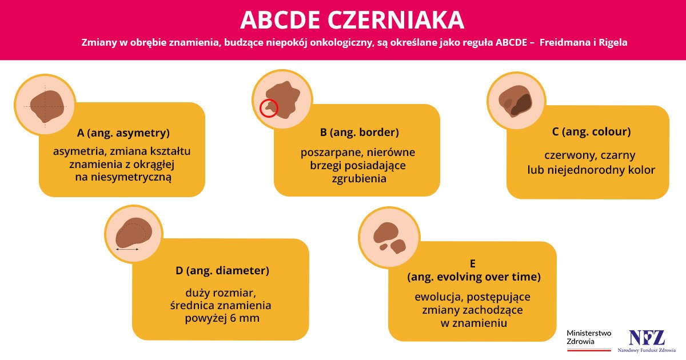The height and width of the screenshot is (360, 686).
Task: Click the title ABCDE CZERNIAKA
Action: [x=352, y=20]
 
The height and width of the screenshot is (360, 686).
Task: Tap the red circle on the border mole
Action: [x=269, y=107]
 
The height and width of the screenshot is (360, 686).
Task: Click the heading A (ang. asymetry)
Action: [x=123, y=133]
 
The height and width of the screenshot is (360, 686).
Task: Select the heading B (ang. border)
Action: [x=359, y=133]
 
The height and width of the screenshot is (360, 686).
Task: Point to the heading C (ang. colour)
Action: [x=591, y=131]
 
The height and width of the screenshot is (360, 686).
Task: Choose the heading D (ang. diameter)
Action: [x=222, y=270]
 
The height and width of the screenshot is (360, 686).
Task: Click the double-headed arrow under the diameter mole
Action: [x=127, y=250]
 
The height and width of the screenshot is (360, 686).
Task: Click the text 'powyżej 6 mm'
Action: [x=222, y=318]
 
